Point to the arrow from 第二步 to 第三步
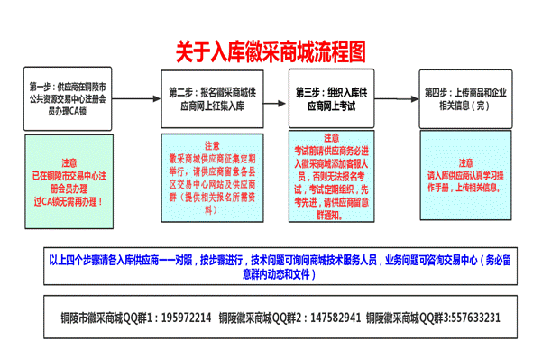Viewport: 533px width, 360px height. [279, 95]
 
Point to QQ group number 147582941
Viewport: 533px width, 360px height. [332, 318]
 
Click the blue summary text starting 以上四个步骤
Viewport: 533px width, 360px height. [268, 265]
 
